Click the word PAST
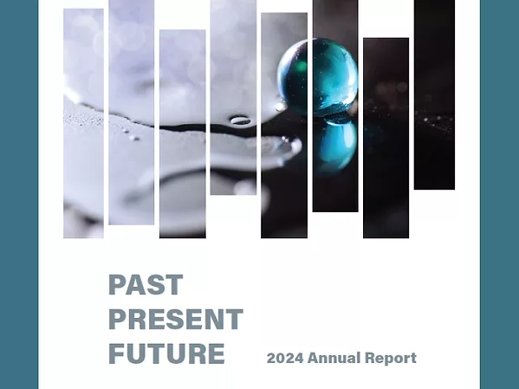click(x=146, y=285)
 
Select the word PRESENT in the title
click(x=175, y=320)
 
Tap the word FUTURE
click(x=166, y=354)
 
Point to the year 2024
click(x=284, y=358)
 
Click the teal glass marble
click(x=317, y=76)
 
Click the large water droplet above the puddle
click(x=240, y=120)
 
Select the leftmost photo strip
click(x=83, y=121)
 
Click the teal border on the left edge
click(x=18, y=194)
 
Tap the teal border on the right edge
click(x=500, y=194)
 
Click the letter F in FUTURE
click(x=116, y=354)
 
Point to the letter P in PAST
click(x=117, y=285)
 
